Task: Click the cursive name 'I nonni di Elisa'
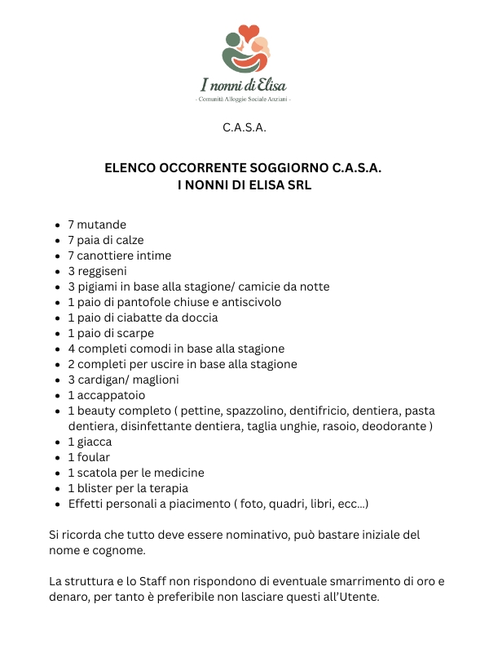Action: (244, 84)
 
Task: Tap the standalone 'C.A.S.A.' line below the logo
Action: (244, 128)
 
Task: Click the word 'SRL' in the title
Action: (298, 185)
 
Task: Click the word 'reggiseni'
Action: (102, 271)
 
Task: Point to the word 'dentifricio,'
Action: (281, 411)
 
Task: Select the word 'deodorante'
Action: (394, 426)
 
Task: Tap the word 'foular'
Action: (93, 457)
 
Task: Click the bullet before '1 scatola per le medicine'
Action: (57, 473)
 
